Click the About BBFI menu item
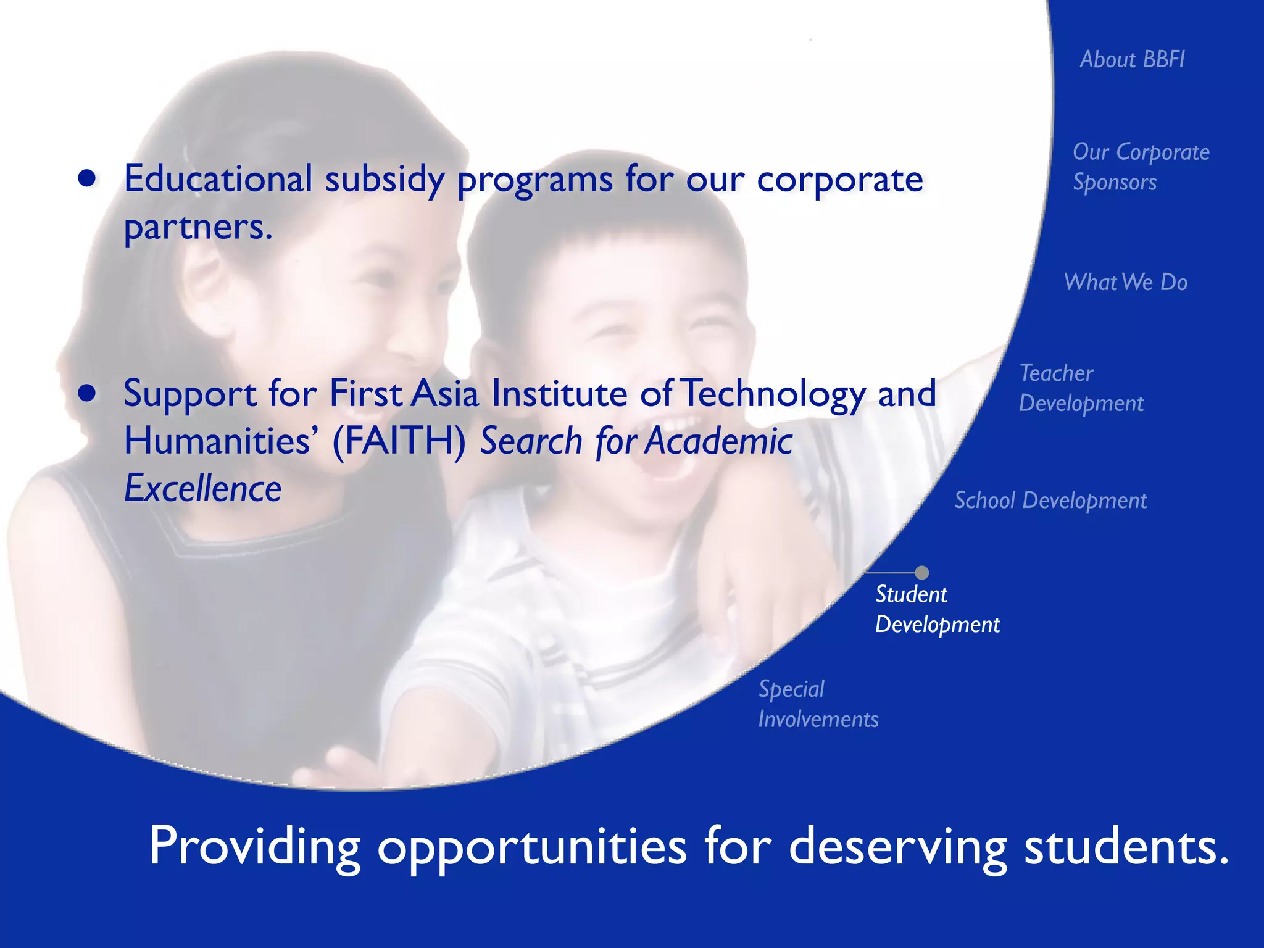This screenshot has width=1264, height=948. point(1132,59)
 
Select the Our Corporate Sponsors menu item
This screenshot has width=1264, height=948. point(1141,167)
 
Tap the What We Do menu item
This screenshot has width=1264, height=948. point(1125,282)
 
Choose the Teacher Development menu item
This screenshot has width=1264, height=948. point(1081,388)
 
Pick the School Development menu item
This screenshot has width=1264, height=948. point(1050,500)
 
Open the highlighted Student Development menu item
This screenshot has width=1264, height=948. point(937,609)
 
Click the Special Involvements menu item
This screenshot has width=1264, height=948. point(818,704)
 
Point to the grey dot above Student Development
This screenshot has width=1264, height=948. point(921,572)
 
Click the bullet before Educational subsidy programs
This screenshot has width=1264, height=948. point(87,178)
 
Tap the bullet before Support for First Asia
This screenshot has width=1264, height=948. point(88,393)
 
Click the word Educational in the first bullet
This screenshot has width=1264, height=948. point(218,178)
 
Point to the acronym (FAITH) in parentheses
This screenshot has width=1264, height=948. point(399,441)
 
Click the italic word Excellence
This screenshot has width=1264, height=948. point(203,488)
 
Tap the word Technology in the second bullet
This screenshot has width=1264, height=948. point(775,393)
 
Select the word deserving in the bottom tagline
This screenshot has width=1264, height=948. point(898,846)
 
